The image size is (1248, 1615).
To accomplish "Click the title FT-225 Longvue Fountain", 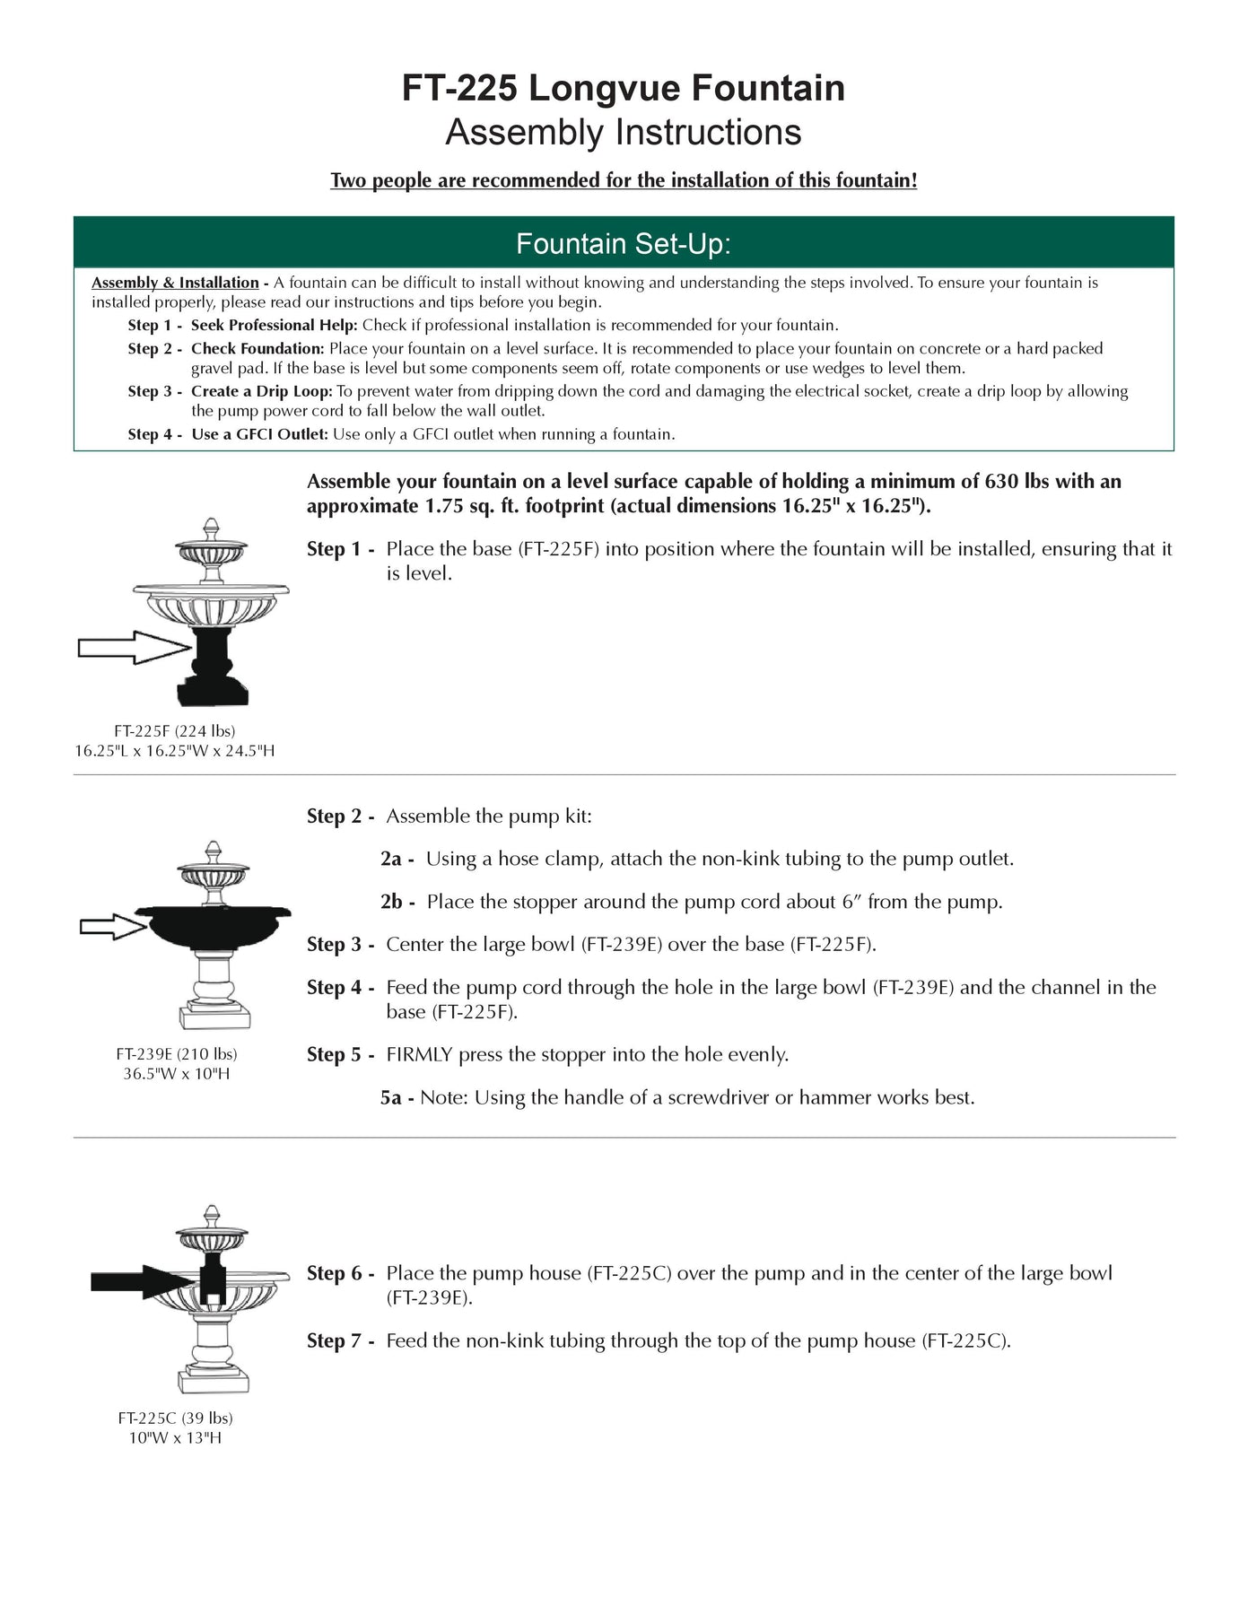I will [x=623, y=88].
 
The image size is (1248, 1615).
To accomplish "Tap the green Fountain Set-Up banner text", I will [x=623, y=244].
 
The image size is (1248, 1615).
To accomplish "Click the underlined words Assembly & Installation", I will [x=175, y=283].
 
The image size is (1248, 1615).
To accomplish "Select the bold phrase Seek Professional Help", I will [x=274, y=325].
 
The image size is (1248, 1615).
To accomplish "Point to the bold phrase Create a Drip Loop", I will [x=261, y=391].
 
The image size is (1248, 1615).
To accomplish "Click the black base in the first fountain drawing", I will [x=214, y=668].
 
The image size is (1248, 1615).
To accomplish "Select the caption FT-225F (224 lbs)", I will [x=175, y=731].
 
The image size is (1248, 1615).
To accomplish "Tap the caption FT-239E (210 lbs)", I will [x=177, y=1054].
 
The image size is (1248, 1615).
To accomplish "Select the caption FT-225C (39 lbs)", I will [x=176, y=1419].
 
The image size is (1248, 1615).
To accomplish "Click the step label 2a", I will [x=391, y=860].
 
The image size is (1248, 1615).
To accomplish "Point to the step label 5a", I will [x=391, y=1098].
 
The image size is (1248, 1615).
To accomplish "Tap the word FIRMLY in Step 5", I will [x=419, y=1055].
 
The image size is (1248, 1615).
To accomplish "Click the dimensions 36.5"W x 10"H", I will [x=177, y=1074].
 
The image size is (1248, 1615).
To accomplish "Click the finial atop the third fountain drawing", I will [x=213, y=1216].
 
